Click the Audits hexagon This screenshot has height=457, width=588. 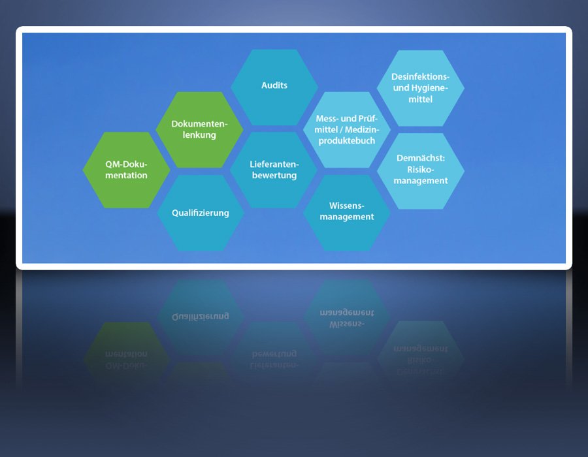(x=274, y=87)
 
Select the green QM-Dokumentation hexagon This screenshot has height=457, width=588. (x=126, y=170)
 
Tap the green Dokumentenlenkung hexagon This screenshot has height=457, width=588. (x=199, y=130)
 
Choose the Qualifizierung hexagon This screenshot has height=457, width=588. (x=201, y=213)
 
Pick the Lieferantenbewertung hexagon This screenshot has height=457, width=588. (x=274, y=170)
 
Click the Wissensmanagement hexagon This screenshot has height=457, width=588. (x=347, y=213)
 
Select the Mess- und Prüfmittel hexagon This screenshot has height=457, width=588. (x=347, y=130)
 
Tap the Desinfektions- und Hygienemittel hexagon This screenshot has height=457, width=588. (x=420, y=88)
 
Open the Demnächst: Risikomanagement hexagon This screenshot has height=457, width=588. (x=420, y=171)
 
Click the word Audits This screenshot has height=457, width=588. (x=274, y=86)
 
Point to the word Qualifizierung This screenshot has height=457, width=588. (x=201, y=213)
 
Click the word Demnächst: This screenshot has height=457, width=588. (x=421, y=158)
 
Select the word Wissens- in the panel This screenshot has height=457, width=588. (x=347, y=206)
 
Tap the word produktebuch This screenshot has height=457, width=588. (x=347, y=141)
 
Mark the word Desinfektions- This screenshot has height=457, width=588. (x=420, y=77)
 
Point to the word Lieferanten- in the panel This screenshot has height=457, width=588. (x=274, y=164)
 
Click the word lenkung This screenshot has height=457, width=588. (x=199, y=135)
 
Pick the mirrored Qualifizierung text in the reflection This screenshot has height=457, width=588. (x=201, y=317)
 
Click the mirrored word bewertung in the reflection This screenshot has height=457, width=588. (x=274, y=354)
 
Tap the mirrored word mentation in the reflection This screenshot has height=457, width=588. (x=126, y=354)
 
